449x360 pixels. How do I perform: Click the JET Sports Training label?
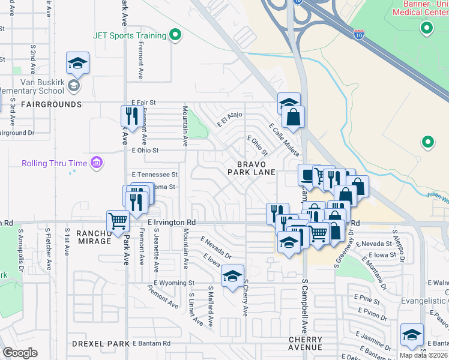coord(129,35)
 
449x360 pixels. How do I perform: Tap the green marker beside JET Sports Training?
coord(175,35)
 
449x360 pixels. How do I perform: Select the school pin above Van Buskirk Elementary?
coord(77,64)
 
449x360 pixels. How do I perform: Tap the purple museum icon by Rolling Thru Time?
coord(96,163)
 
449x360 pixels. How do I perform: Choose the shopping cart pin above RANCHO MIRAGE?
coord(118,221)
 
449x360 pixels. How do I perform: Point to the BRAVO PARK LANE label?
coord(251,167)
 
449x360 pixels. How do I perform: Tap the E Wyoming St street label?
coord(174,283)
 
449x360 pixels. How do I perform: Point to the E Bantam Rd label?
coord(151,343)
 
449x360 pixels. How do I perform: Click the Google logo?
coord(20,353)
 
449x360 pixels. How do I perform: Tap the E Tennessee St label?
coord(155,175)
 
